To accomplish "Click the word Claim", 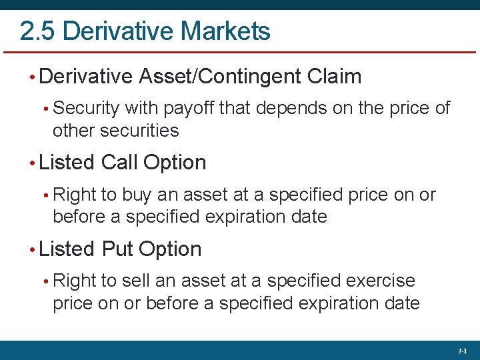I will pyautogui.click(x=335, y=77).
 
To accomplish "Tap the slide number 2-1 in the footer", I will pyautogui.click(x=463, y=351).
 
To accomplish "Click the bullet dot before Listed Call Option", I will pyautogui.click(x=33, y=163).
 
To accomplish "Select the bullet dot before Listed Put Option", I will pyautogui.click(x=33, y=250).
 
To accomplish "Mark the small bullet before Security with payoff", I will pyautogui.click(x=46, y=109).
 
